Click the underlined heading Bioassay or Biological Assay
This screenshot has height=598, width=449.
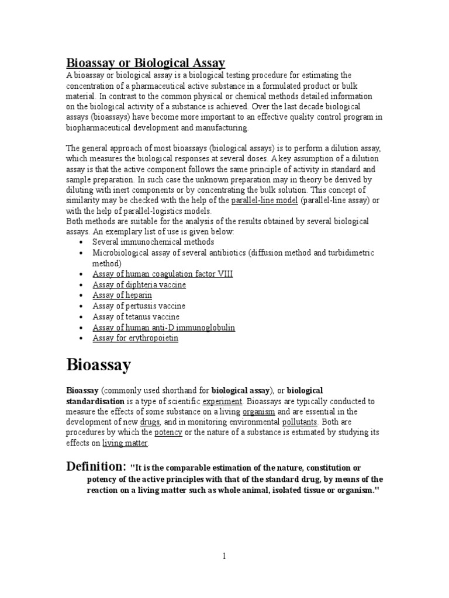point(145,62)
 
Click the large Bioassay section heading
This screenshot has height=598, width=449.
point(99,366)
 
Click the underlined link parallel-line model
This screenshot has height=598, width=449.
point(265,200)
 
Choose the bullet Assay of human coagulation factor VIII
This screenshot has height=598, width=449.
point(163,274)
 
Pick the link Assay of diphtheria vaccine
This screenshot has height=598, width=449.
point(139,284)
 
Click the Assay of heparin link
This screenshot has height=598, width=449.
point(122,295)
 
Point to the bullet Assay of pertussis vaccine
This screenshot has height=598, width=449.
point(139,306)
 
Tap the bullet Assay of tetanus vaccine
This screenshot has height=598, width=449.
point(136,317)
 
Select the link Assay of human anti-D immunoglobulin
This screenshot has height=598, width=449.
point(164,328)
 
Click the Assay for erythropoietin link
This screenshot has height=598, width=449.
point(136,338)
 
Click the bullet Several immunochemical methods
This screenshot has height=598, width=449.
point(153,242)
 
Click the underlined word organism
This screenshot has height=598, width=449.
point(259,412)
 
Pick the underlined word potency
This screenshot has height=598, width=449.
point(168,433)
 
